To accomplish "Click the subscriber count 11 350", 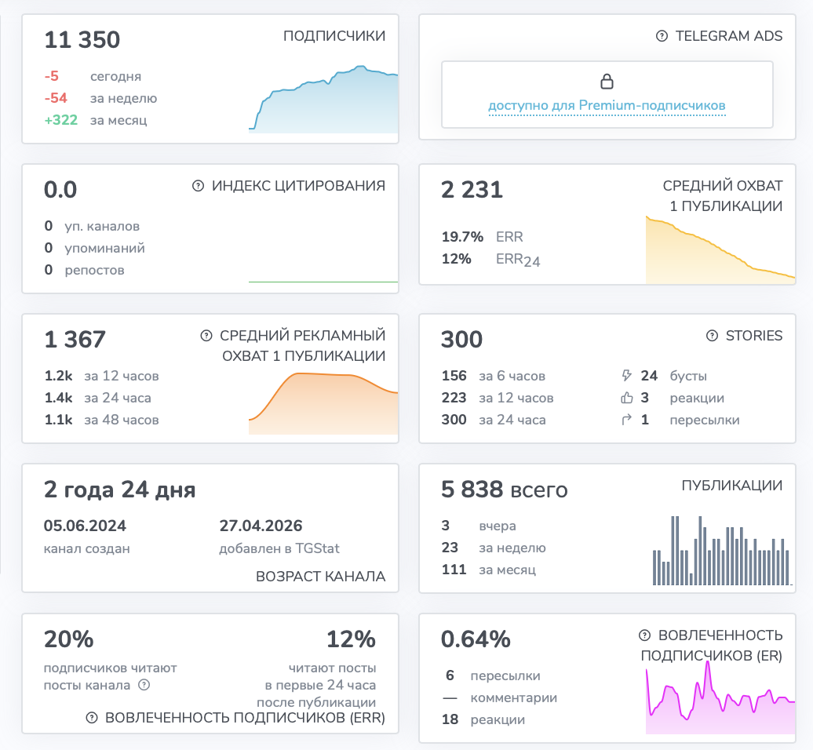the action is [x=82, y=40].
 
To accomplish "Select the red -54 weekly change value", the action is [x=56, y=98].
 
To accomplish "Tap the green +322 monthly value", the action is [x=60, y=120].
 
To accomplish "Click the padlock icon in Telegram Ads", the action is [x=607, y=82].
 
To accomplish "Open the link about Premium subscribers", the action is [x=607, y=105].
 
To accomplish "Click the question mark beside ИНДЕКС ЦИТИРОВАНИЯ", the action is [x=198, y=186].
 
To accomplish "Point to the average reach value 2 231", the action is [x=472, y=190].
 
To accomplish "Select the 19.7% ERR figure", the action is [x=462, y=237].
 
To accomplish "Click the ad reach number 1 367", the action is [x=75, y=340].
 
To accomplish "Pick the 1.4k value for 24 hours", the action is [x=58, y=398].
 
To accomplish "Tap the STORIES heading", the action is [x=754, y=335].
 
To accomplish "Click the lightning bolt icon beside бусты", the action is [x=626, y=375].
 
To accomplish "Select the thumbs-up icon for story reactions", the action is [x=627, y=398].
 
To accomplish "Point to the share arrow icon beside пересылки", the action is [x=626, y=419].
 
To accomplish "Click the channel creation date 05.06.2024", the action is [x=85, y=526].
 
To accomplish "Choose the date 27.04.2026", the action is [x=261, y=526].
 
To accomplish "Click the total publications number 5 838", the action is [x=472, y=490].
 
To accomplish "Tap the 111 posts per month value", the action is [x=454, y=569].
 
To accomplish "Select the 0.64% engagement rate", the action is [x=476, y=639].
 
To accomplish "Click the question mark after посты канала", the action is [x=144, y=685].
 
